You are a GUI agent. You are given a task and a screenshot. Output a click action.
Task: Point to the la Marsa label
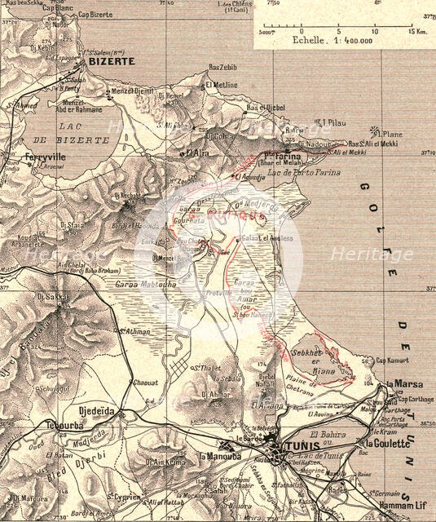tap(401, 383)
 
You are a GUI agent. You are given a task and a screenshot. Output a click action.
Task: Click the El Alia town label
tap(198, 152)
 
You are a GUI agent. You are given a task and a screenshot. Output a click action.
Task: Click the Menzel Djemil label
tap(134, 92)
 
